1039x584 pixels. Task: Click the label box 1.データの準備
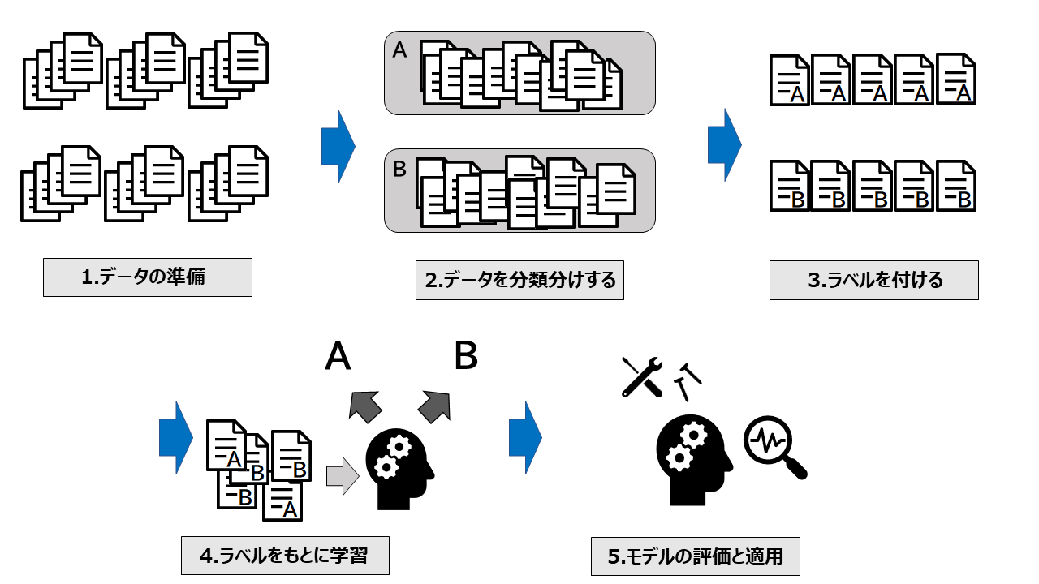coord(147,277)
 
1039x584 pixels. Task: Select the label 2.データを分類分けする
coord(519,280)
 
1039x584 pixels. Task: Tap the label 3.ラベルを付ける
coord(873,280)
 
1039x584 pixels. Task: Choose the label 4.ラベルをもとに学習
coord(285,556)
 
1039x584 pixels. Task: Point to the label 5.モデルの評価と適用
coord(696,557)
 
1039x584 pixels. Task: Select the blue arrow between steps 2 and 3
coord(724,144)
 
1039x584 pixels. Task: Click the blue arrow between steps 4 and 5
coord(525,437)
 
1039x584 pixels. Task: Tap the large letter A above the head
coord(338,356)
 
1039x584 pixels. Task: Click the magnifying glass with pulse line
coord(774,447)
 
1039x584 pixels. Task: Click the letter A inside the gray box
coord(399,51)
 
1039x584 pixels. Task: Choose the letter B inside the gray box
coord(399,170)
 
